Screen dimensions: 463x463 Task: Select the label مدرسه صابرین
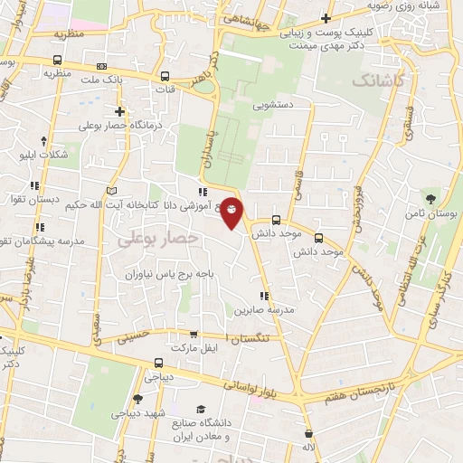266,309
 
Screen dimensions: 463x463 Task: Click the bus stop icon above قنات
165,76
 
